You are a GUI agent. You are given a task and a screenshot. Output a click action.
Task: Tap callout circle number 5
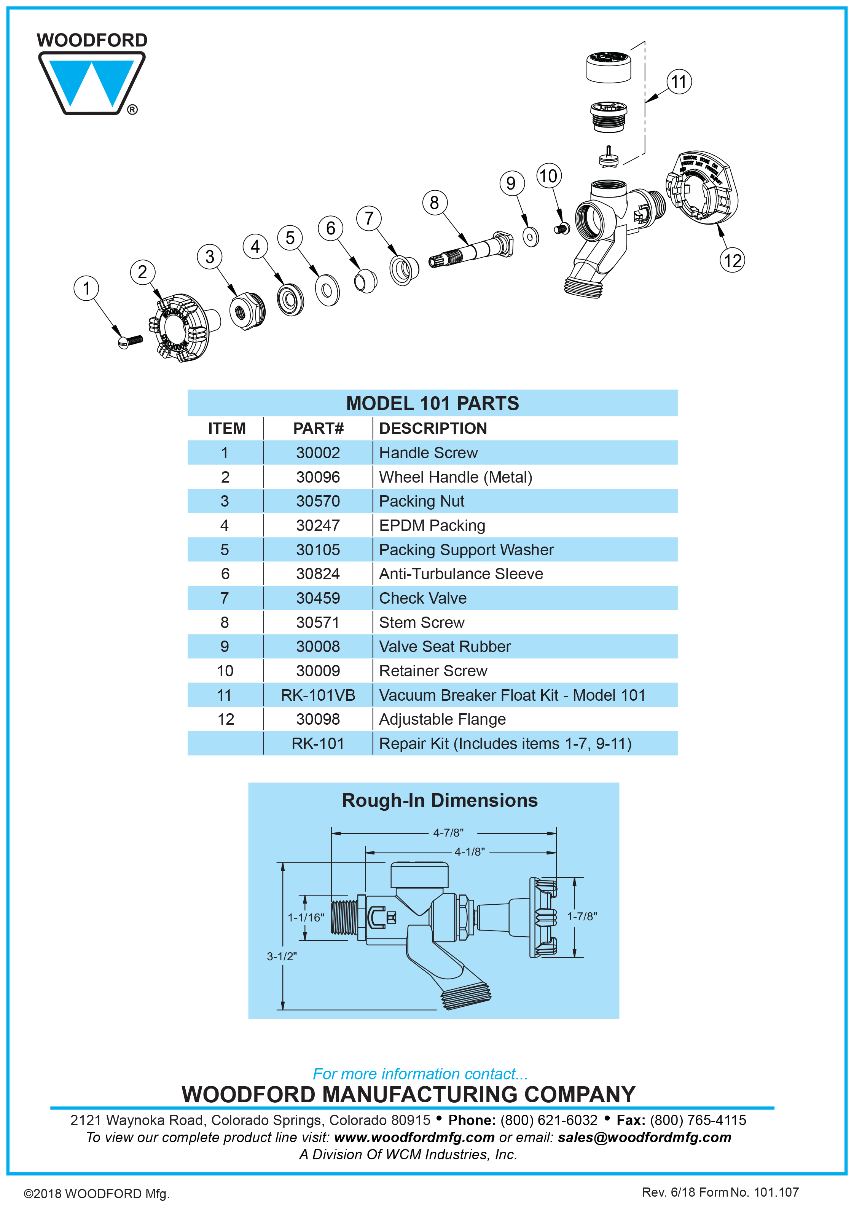tap(290, 238)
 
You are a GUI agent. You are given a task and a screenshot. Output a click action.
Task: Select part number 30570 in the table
tap(318, 501)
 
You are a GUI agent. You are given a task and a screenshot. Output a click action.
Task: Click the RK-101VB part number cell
tap(318, 695)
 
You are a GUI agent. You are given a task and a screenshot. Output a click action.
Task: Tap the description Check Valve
tap(423, 599)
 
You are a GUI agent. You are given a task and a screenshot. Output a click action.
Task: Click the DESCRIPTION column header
tap(433, 429)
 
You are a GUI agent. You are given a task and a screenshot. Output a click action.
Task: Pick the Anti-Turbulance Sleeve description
tap(460, 574)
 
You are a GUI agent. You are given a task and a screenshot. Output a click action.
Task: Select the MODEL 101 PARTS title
tap(432, 403)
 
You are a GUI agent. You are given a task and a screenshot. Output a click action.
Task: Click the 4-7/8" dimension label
tap(448, 833)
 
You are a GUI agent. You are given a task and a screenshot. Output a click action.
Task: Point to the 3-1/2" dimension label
tap(282, 956)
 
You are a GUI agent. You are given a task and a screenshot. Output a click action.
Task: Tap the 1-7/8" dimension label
tap(582, 916)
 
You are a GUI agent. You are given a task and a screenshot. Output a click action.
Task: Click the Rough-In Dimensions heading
tap(440, 800)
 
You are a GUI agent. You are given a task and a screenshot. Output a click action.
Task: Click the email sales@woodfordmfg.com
tap(644, 1137)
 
